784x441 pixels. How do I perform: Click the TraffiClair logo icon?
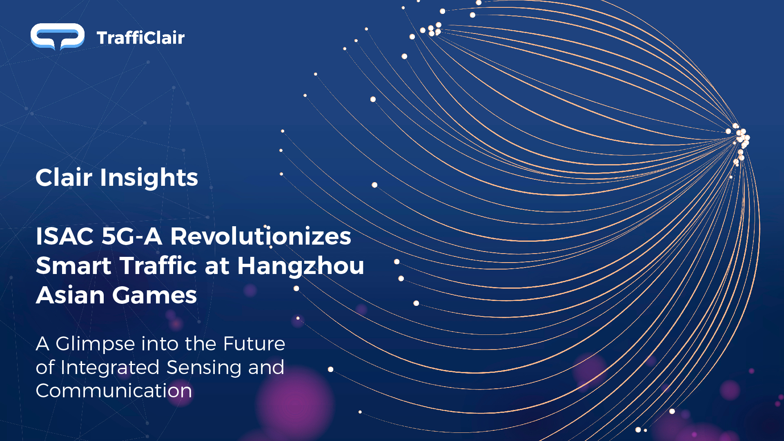click(x=58, y=37)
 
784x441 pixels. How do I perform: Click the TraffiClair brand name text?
click(x=141, y=38)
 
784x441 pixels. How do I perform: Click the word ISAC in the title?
click(x=65, y=236)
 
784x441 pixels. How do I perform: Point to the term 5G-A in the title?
click(x=132, y=236)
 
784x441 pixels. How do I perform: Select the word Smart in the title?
click(x=74, y=266)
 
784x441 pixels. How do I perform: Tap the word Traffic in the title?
click(x=159, y=265)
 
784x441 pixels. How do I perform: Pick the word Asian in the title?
click(x=70, y=295)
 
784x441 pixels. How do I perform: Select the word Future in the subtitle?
click(x=254, y=344)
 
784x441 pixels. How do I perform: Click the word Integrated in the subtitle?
click(x=110, y=368)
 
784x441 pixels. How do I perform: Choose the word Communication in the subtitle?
click(x=114, y=391)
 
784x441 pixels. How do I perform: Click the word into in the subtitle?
click(x=159, y=344)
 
